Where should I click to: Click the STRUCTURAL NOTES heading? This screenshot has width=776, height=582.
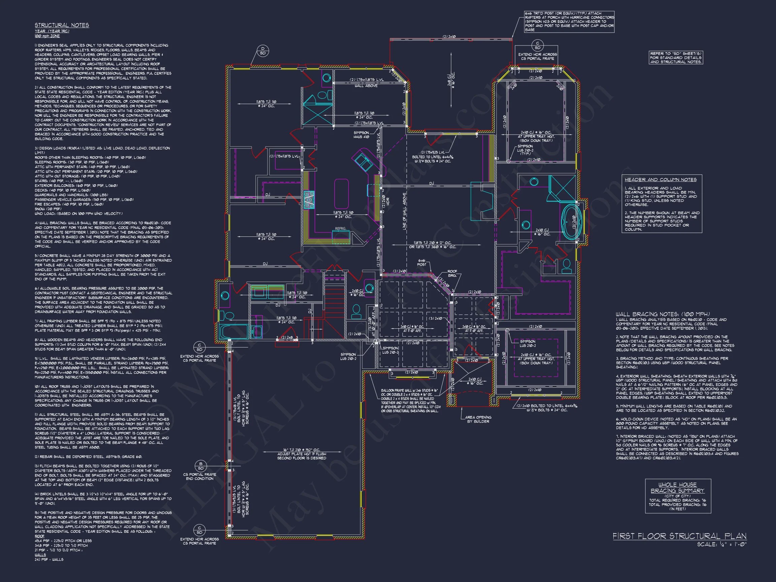(x=62, y=25)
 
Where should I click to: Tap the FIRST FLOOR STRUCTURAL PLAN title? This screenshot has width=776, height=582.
(x=680, y=537)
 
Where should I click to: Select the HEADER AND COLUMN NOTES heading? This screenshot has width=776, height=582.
(x=660, y=180)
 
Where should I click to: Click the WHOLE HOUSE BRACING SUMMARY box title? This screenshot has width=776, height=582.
(x=678, y=488)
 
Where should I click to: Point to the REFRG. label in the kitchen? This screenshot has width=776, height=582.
(x=340, y=228)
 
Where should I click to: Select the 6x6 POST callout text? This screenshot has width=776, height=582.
(x=422, y=262)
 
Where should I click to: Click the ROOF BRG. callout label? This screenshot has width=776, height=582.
(x=452, y=273)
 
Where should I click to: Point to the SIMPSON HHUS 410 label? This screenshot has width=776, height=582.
(x=361, y=135)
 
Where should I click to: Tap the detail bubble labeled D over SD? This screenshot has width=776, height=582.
(x=262, y=51)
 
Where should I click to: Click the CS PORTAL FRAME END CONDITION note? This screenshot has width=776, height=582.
(x=199, y=476)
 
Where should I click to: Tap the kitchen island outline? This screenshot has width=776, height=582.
(x=341, y=194)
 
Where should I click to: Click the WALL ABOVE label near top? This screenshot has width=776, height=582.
(x=366, y=86)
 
